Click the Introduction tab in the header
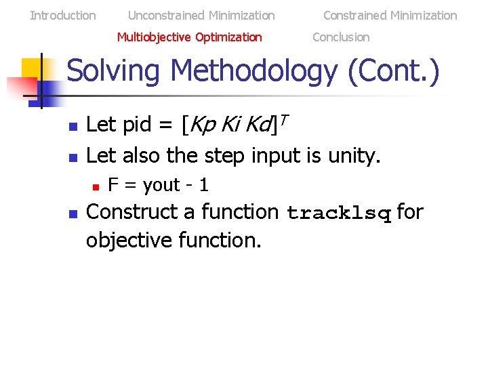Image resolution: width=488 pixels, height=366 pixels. (63, 15)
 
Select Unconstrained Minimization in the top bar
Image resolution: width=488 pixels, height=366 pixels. (201, 15)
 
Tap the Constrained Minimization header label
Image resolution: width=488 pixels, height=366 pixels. (390, 15)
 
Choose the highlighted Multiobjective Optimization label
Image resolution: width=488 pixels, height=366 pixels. (189, 37)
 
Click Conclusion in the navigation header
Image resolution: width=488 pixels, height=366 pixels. (341, 37)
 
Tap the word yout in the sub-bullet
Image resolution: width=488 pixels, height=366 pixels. (162, 185)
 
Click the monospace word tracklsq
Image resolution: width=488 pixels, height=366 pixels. (340, 214)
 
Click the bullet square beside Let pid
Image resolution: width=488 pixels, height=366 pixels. (73, 127)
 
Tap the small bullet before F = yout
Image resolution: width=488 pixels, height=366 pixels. (96, 186)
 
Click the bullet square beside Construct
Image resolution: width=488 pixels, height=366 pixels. (73, 213)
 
